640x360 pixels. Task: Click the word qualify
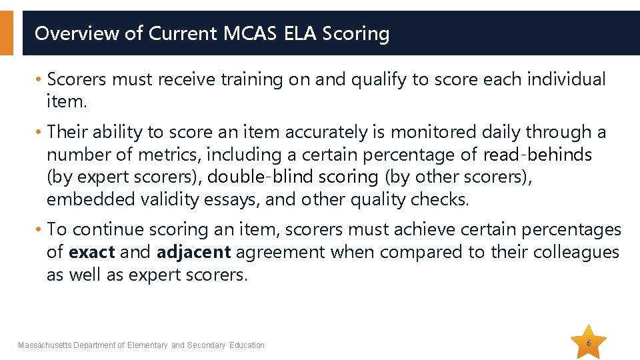[x=373, y=80]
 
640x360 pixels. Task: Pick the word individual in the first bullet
[x=566, y=80]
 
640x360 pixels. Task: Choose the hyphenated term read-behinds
[x=537, y=155]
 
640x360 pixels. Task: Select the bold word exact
[x=92, y=253]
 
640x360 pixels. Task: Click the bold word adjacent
[x=193, y=253]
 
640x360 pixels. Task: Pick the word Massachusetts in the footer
[x=45, y=345]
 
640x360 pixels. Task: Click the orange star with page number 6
[x=589, y=343]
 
